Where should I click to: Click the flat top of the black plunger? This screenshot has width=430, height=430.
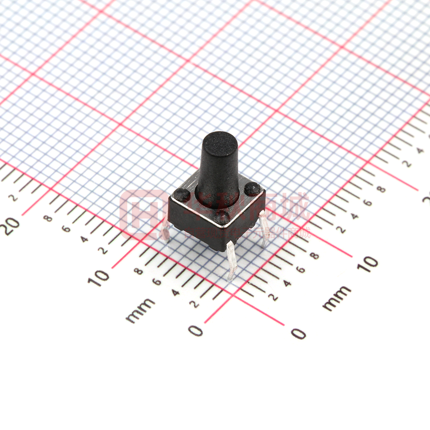click(x=219, y=140)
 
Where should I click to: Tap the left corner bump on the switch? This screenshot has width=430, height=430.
click(x=181, y=194)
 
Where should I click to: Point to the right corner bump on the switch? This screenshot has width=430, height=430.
click(x=252, y=190)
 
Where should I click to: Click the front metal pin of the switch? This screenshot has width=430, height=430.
click(x=231, y=260)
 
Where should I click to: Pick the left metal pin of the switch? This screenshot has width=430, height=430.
click(x=165, y=229)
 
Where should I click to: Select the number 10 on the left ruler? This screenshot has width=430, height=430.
click(x=98, y=278)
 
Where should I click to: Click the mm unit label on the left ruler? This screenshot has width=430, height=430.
click(x=140, y=310)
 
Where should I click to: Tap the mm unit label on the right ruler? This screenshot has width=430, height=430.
click(x=336, y=298)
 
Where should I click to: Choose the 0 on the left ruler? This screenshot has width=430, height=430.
click(x=195, y=330)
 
